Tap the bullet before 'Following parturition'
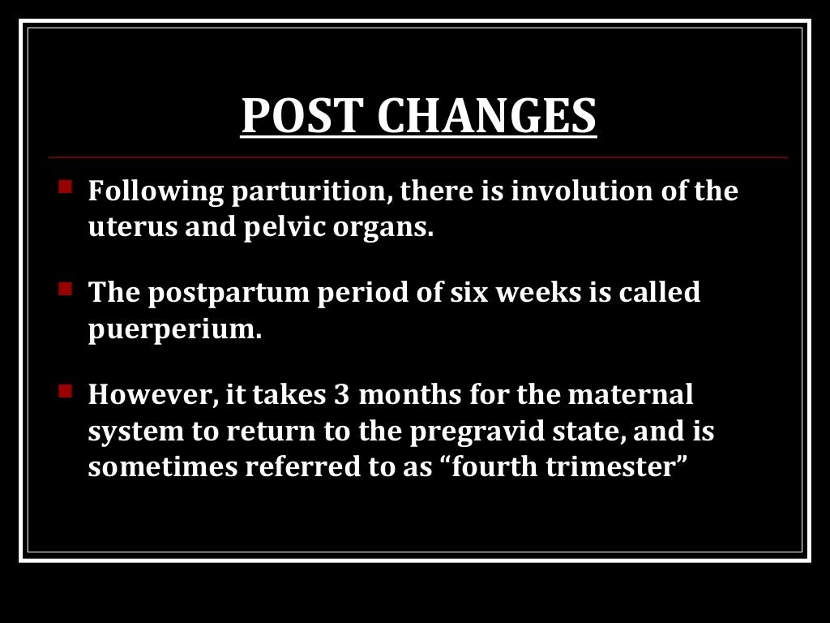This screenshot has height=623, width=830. pyautogui.click(x=65, y=187)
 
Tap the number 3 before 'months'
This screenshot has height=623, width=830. pyautogui.click(x=341, y=395)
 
